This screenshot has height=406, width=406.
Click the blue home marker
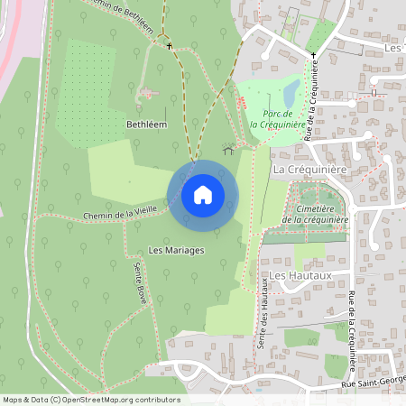coord(203,194)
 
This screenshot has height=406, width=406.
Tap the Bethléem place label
coord(147,124)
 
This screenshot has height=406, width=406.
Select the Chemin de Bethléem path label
coord(118,13)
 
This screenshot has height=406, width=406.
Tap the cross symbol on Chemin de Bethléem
coord(168,42)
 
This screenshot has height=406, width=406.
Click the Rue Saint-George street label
coord(370,385)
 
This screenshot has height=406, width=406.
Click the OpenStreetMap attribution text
coord(90,400)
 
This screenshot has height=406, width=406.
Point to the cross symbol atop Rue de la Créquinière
coord(314,56)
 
